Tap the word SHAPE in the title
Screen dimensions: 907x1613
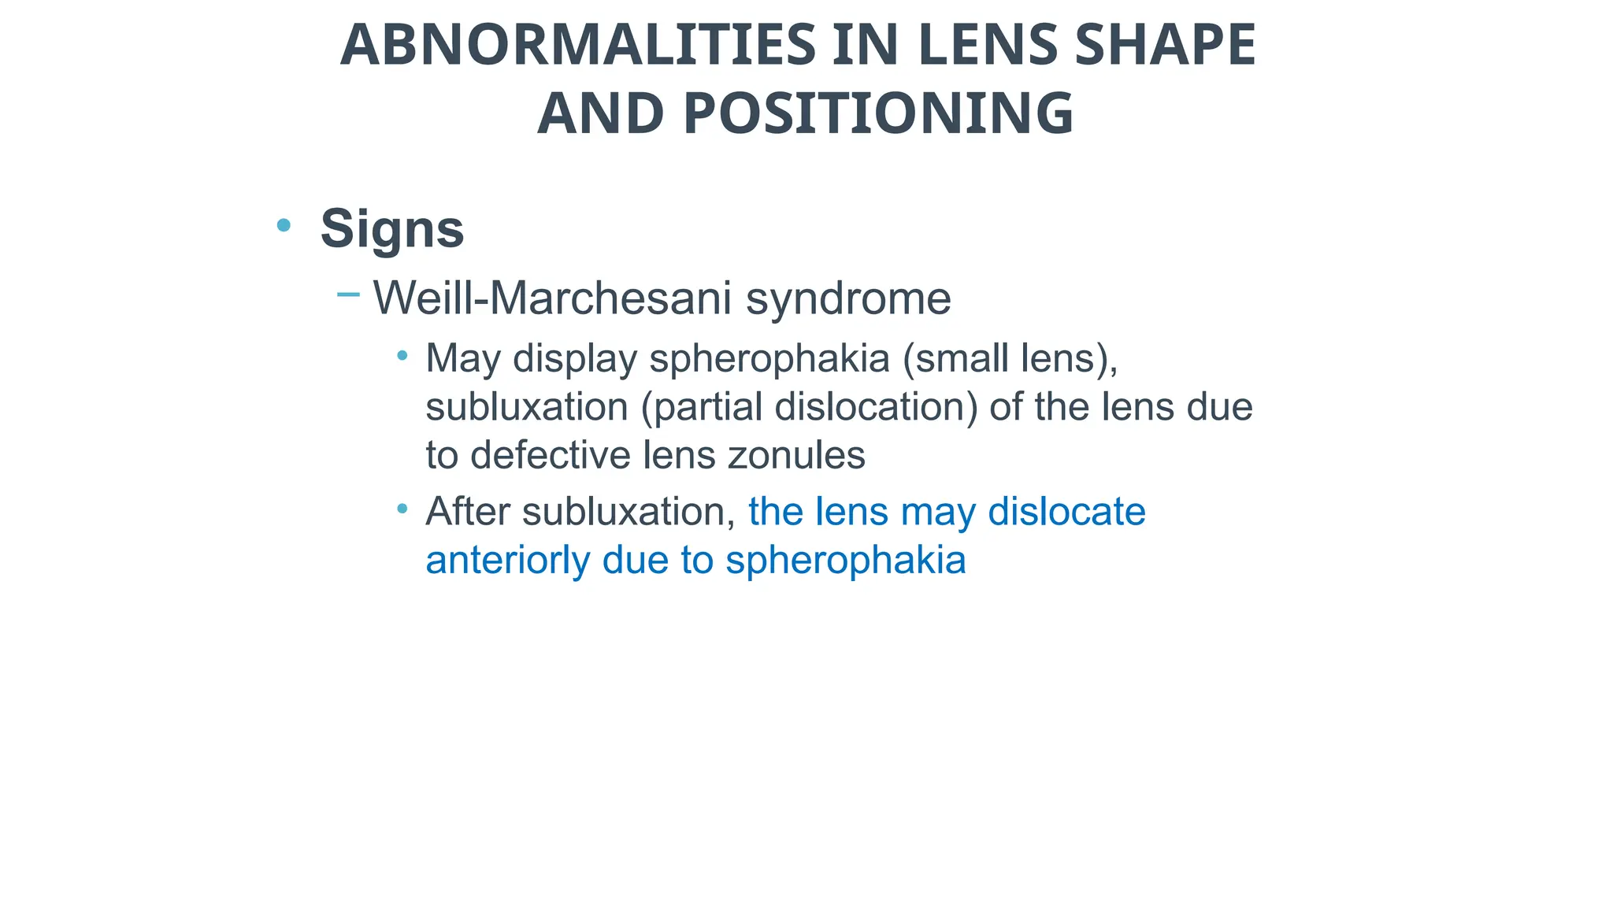point(1165,45)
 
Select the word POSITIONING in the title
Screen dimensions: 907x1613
point(878,114)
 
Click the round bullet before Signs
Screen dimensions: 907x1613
point(284,226)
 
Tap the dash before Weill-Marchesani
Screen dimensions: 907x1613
point(347,295)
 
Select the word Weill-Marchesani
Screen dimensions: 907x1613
point(552,298)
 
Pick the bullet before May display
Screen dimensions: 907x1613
point(402,356)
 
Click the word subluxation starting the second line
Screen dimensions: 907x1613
point(526,407)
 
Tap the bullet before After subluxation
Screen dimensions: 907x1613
point(402,509)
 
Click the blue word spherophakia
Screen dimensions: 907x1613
point(845,561)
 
